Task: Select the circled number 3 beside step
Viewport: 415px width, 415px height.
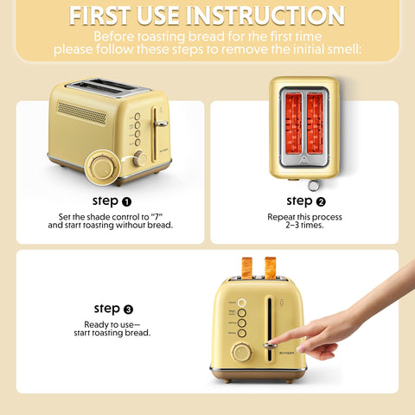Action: (x=128, y=309)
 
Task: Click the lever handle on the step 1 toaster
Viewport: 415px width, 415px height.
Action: (x=161, y=123)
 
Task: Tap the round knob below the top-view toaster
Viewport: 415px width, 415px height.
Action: (x=313, y=184)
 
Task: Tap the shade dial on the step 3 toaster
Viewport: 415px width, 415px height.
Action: (x=241, y=353)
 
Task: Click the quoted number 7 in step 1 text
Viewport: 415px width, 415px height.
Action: (x=156, y=216)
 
